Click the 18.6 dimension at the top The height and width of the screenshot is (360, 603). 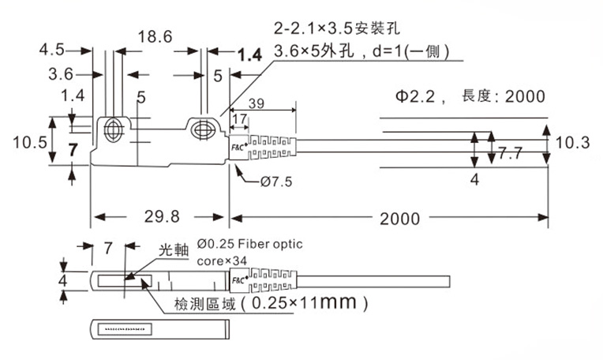tap(155, 36)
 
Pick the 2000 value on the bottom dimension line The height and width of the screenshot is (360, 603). tap(399, 218)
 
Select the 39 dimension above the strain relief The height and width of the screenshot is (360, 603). tap(257, 103)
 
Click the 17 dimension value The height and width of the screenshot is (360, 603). tap(240, 119)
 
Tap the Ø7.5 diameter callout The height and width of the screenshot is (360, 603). tap(275, 182)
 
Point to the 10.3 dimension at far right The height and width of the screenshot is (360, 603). tap(572, 143)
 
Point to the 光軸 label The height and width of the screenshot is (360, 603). tap(174, 249)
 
